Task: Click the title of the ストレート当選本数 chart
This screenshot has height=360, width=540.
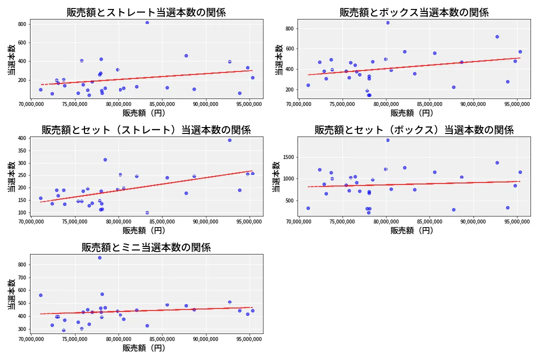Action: (x=146, y=12)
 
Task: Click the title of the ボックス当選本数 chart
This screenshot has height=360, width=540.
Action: (x=414, y=12)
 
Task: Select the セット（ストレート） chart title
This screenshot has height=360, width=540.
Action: (x=146, y=130)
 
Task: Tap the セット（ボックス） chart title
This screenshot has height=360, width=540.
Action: (x=414, y=130)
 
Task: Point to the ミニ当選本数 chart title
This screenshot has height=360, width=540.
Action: (x=146, y=247)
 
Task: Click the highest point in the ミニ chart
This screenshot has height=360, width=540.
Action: (x=99, y=257)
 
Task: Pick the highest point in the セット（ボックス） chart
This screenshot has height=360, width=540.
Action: (x=387, y=140)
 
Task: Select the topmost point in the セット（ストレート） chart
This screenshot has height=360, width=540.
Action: (x=229, y=140)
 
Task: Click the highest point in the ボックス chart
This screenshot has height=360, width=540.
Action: (x=387, y=22)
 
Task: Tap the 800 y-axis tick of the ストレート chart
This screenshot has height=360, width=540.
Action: (x=22, y=24)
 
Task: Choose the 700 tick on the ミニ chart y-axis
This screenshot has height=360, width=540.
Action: (x=22, y=277)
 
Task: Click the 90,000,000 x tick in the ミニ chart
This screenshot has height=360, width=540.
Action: (x=206, y=339)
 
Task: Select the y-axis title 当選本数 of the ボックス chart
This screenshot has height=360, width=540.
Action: (x=278, y=60)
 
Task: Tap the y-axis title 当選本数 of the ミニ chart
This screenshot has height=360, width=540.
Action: (x=11, y=295)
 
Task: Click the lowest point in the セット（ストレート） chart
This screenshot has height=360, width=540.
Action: (x=147, y=212)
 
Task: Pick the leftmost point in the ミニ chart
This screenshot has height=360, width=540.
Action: (x=40, y=295)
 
